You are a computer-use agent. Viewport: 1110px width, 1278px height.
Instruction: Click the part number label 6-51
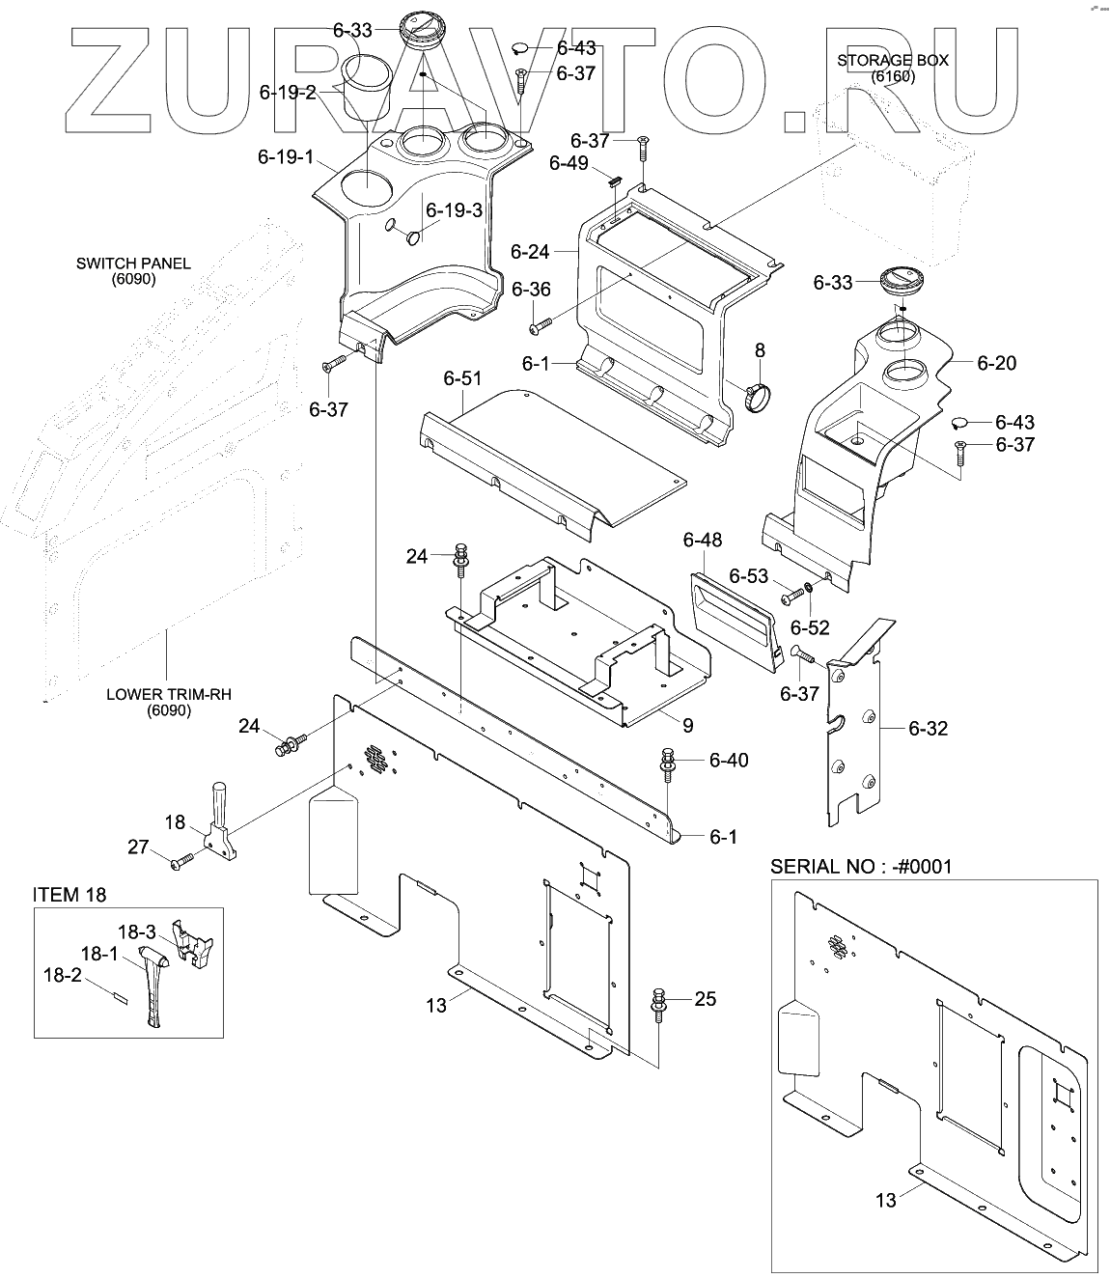tap(462, 379)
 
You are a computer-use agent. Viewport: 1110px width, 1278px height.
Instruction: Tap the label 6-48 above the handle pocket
tap(702, 540)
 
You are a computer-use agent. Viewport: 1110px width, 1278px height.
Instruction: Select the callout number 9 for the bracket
tap(686, 725)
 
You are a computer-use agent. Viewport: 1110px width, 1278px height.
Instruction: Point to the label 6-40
tap(728, 761)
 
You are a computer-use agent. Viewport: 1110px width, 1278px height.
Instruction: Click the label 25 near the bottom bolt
tap(706, 998)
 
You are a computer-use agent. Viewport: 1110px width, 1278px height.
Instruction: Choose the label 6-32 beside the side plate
tap(928, 728)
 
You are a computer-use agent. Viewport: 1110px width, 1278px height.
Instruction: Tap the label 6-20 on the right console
tap(996, 363)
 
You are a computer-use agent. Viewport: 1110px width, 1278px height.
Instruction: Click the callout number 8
tap(760, 350)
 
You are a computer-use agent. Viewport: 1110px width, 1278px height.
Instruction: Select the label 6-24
tap(530, 252)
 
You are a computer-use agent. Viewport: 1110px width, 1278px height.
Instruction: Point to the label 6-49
tap(569, 163)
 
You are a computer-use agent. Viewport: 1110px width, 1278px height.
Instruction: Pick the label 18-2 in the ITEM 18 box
tap(61, 976)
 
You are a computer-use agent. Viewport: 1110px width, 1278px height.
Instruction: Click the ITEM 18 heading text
tap(69, 895)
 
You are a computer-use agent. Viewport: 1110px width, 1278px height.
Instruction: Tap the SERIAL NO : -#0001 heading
tap(860, 866)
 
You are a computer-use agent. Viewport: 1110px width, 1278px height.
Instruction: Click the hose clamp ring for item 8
tap(759, 395)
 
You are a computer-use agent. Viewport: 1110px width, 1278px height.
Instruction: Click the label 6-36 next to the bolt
tap(531, 290)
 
